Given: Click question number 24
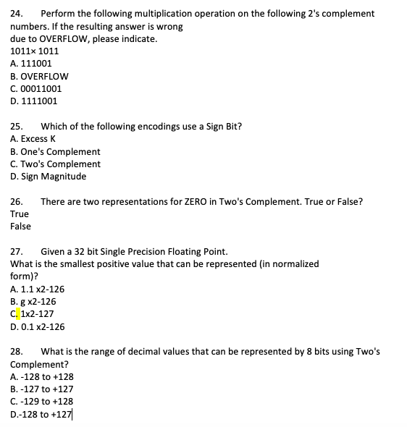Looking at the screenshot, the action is click(x=17, y=14).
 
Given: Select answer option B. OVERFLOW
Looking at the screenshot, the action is click(x=39, y=76).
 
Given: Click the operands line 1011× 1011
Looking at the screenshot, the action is click(x=35, y=51).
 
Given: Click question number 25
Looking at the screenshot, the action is click(x=17, y=127).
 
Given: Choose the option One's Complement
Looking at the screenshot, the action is click(x=55, y=152).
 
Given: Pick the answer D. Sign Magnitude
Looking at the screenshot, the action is click(x=48, y=177).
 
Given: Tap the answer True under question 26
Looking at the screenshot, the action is click(x=20, y=214).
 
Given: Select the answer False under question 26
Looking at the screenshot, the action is click(x=21, y=227).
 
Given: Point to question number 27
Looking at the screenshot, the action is click(x=17, y=252).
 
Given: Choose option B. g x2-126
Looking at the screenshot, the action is click(x=33, y=302).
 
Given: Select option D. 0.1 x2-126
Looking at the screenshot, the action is click(x=38, y=326).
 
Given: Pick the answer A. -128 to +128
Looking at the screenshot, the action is click(x=42, y=377).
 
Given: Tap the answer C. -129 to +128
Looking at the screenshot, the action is click(x=42, y=402).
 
